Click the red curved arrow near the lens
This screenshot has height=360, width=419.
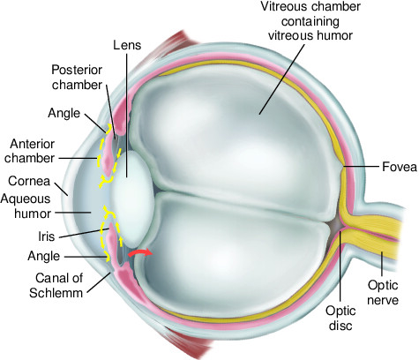tap(140, 253)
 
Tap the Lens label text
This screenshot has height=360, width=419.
tap(127, 45)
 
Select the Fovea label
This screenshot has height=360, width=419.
tap(400, 167)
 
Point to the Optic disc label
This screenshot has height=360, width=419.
tap(340, 318)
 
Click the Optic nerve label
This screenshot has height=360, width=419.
tap(383, 293)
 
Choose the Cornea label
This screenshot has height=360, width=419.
tap(29, 181)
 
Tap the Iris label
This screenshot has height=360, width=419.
tap(47, 236)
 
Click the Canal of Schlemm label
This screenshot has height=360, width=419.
tap(56, 285)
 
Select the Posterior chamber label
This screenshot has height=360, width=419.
tap(77, 78)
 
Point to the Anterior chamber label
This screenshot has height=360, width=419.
tap(30, 151)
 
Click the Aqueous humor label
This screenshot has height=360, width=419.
tap(26, 206)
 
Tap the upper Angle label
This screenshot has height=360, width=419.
tap(64, 113)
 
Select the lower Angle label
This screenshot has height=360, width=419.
tap(44, 256)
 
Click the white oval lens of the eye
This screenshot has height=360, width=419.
tap(131, 199)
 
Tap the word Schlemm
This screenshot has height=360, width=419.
tap(56, 293)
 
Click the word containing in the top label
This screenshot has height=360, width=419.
tap(311, 21)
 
